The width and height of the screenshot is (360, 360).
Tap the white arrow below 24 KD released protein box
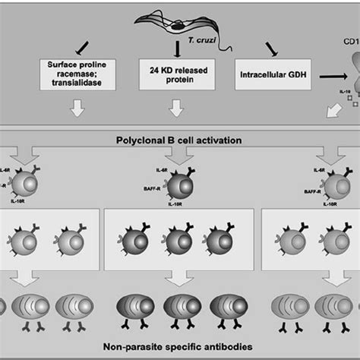175,110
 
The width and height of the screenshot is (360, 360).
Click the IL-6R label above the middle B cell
161,172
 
